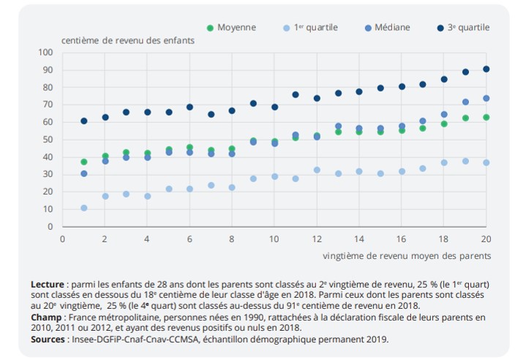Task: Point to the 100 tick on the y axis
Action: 47,53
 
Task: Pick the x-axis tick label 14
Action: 359,239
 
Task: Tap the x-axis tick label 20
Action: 485,239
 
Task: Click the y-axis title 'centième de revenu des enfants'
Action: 128,40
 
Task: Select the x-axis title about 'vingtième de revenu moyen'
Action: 406,256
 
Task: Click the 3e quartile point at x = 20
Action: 486,69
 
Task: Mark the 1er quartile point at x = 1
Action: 84,208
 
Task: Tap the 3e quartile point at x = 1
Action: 84,121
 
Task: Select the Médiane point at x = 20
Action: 486,98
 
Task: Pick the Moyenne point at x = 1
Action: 84,162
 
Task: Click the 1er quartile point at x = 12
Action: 317,170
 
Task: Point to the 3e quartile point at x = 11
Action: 296,94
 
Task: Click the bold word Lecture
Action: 48,284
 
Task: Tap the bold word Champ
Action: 45,319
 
